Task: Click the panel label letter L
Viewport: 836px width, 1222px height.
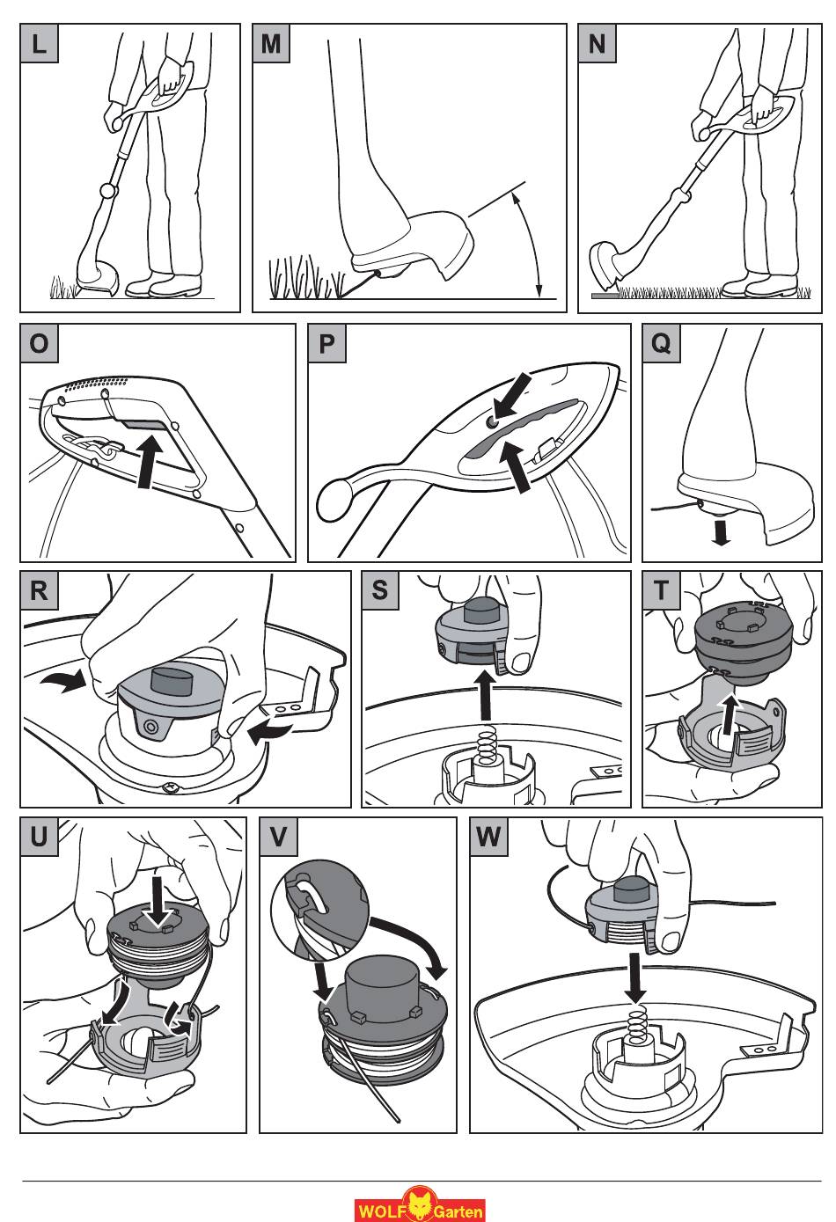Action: pyautogui.click(x=40, y=43)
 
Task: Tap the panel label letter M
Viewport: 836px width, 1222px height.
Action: pyautogui.click(x=271, y=43)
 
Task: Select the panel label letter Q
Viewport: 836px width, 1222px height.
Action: pyautogui.click(x=662, y=344)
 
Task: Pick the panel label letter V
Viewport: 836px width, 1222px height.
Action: pyautogui.click(x=278, y=837)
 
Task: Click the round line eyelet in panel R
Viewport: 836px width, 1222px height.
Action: pyautogui.click(x=149, y=727)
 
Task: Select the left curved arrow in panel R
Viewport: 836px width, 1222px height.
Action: pyautogui.click(x=63, y=681)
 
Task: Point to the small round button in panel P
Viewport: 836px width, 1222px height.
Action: pyautogui.click(x=492, y=422)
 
